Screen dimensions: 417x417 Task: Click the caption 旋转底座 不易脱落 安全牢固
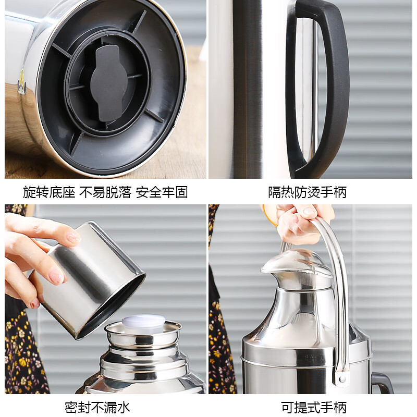coord(105,192)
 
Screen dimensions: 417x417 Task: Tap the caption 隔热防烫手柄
coord(308,192)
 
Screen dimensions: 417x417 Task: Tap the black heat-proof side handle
coord(334,89)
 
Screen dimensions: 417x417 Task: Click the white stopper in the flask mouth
coord(143,323)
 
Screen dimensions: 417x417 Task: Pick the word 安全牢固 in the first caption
coord(162,192)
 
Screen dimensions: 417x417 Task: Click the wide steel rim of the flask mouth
coord(143,334)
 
